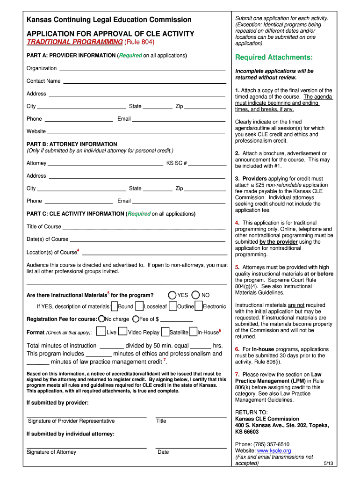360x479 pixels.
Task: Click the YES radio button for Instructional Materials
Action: pos(172,295)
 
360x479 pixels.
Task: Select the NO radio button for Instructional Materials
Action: pos(195,295)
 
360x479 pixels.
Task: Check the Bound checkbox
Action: pos(115,306)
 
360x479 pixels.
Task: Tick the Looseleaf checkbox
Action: pos(139,306)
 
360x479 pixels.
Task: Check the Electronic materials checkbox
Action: pos(199,306)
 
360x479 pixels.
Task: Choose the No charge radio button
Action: pos(101,319)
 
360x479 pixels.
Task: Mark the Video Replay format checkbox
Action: pos(123,332)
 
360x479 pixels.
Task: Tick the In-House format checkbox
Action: pos(193,332)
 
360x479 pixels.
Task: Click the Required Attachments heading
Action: pos(274,58)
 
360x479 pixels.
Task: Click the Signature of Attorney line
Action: pos(86,447)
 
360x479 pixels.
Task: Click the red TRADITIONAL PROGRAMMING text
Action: pos(75,42)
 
